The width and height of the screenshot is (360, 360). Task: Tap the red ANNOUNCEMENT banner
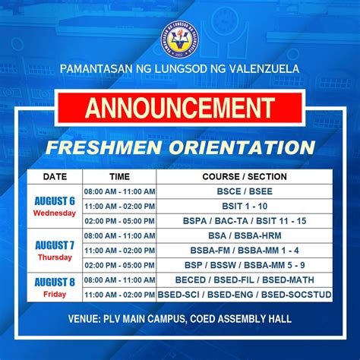(181, 109)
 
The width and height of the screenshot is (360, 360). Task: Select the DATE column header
(54, 176)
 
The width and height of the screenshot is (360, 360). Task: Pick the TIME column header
(119, 176)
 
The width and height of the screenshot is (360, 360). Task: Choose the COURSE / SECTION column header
(244, 176)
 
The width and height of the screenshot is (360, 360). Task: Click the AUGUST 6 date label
(54, 201)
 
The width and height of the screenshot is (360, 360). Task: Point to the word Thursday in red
(54, 257)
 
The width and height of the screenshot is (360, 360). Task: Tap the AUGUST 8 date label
(54, 282)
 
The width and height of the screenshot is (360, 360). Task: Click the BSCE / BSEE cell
(244, 191)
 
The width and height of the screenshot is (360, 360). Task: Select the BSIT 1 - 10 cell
(244, 206)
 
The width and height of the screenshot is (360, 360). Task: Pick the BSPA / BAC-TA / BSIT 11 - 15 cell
(244, 220)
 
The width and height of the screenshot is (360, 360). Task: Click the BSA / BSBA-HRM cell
(244, 235)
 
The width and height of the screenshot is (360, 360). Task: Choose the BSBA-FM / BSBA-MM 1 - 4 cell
(244, 250)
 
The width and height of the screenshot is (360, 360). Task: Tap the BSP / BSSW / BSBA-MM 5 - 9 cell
(244, 265)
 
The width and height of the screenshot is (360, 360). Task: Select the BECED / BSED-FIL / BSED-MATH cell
(244, 279)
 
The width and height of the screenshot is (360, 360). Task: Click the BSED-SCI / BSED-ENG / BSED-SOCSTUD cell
(244, 294)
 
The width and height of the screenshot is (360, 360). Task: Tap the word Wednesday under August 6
(54, 213)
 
